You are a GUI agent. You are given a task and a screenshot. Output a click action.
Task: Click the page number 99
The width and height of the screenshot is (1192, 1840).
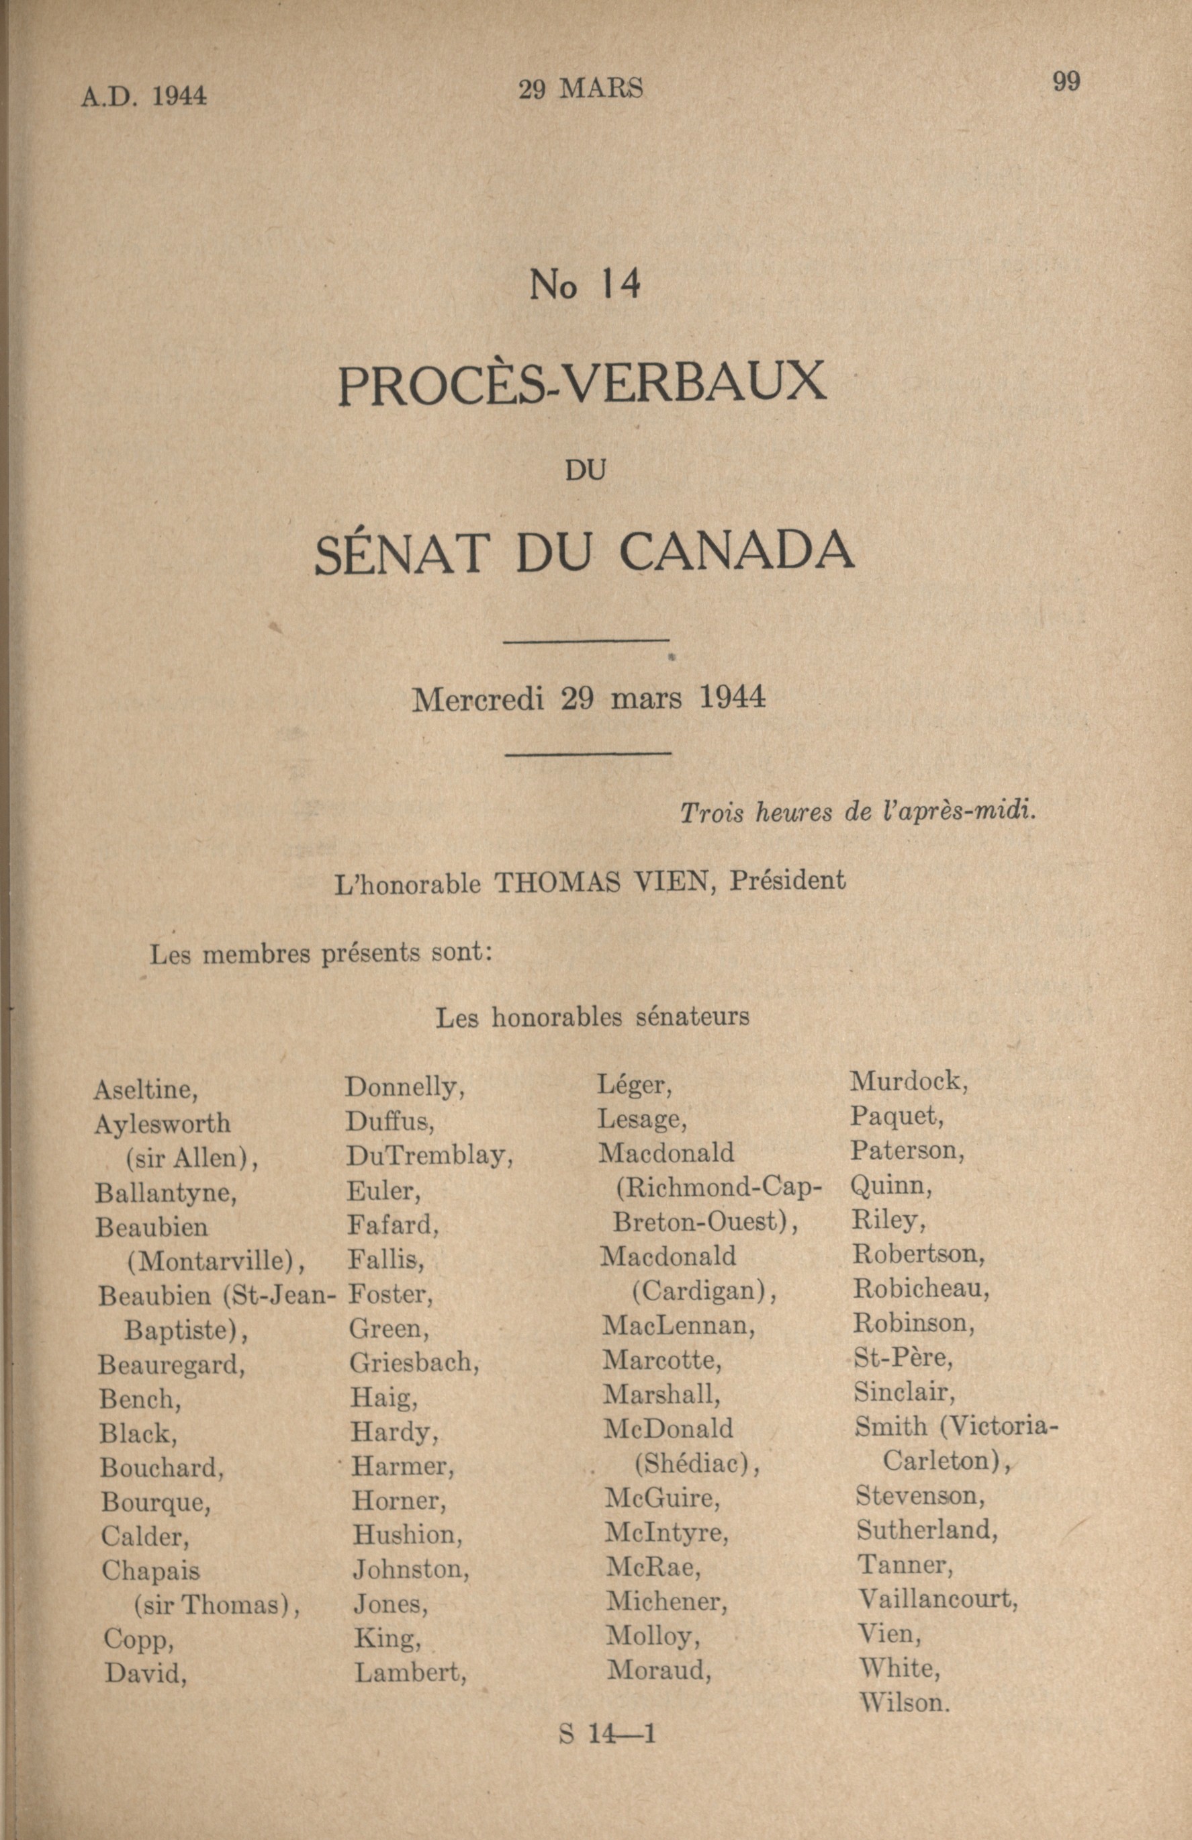1066,81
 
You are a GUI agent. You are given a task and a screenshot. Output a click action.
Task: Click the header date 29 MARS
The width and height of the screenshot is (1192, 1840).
580,89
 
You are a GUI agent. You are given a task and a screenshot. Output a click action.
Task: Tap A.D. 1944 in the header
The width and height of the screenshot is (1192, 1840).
144,96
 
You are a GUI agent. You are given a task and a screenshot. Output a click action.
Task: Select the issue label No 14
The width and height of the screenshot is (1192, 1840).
585,286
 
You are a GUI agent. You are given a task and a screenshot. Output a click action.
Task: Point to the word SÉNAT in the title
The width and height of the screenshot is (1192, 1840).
403,552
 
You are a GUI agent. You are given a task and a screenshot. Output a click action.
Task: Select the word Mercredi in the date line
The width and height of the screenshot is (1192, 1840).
479,700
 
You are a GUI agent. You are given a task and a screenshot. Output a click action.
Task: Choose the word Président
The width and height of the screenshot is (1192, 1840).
788,881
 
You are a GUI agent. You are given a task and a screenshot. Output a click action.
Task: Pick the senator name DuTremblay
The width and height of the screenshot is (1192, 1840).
429,1157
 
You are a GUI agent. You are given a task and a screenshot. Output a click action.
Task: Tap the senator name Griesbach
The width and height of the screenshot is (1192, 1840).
414,1362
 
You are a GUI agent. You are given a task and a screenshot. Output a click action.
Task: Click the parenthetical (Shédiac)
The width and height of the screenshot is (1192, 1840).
696,1464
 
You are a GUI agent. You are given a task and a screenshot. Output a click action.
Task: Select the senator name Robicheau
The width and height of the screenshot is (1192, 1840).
921,1288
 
